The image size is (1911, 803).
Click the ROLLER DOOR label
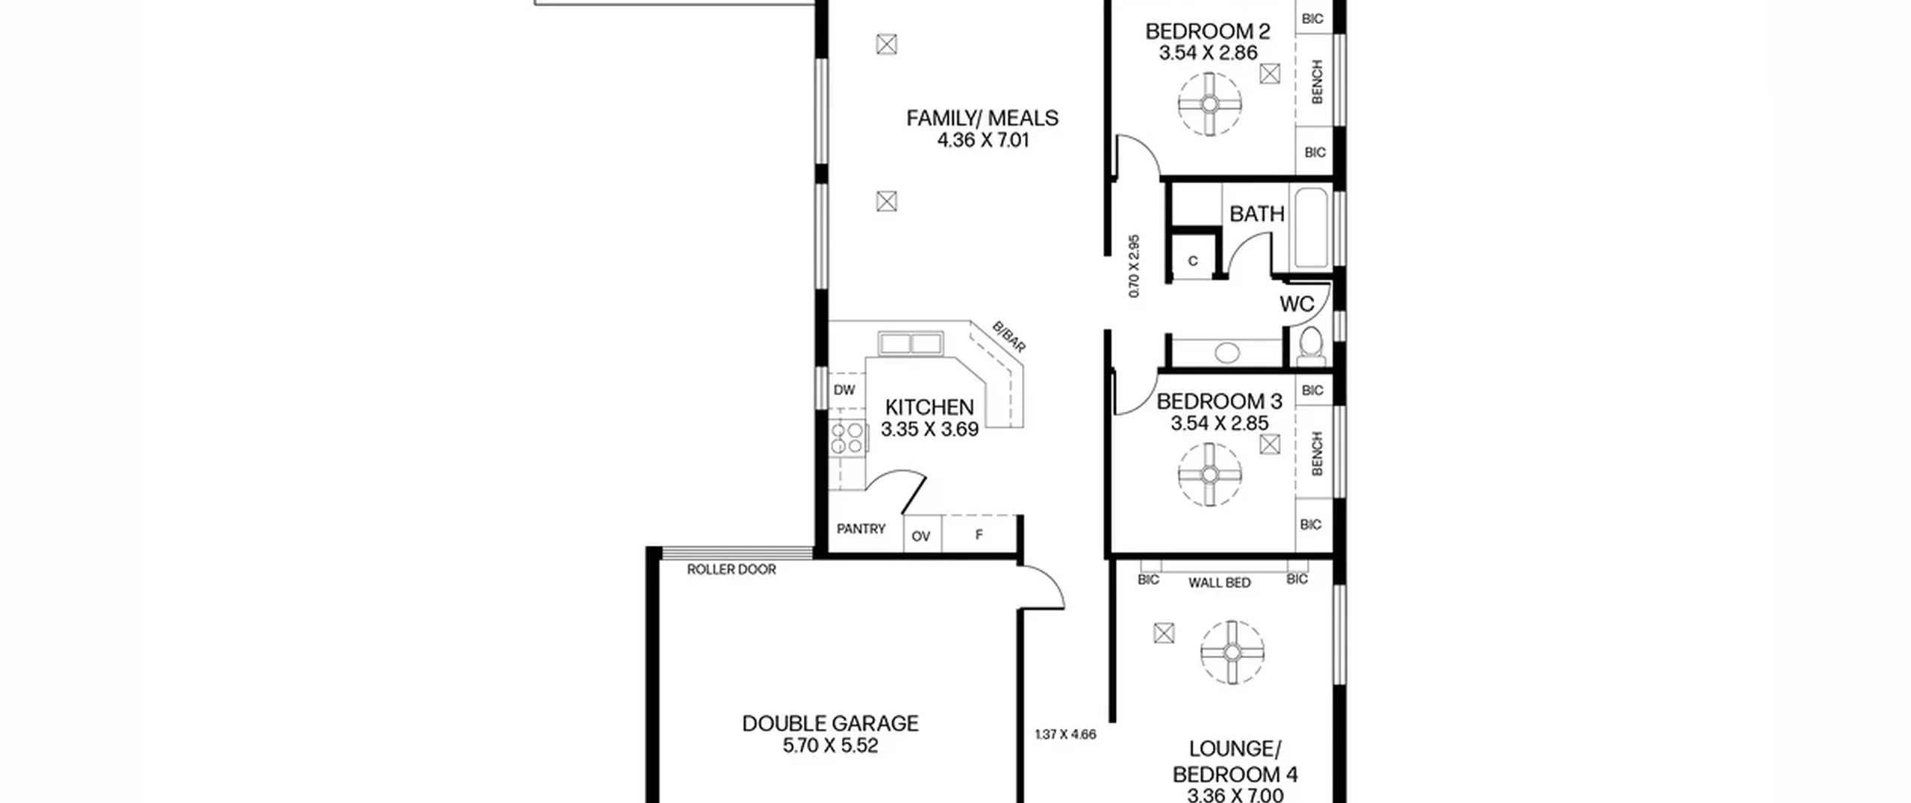pos(732,569)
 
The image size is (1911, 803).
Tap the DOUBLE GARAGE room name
pos(830,723)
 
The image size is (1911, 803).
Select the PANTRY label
pos(861,529)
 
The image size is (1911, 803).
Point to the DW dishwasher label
pos(844,390)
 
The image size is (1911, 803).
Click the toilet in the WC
pos(1311,347)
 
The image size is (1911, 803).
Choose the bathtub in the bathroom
pos(1311,228)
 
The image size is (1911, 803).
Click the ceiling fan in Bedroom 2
pos(1210,104)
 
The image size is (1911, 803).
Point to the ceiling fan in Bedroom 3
pos(1210,474)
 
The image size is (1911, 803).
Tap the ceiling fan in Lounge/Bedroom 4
pos(1232,652)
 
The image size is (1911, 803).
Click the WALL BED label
pos(1220,583)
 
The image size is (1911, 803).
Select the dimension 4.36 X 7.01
pos(983,140)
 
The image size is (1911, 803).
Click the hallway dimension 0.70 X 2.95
pos(1134,267)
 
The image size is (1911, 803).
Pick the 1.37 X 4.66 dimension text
pos(1065,734)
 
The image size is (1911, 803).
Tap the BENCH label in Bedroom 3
pos(1317,453)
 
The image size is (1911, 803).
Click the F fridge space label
pos(979,535)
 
